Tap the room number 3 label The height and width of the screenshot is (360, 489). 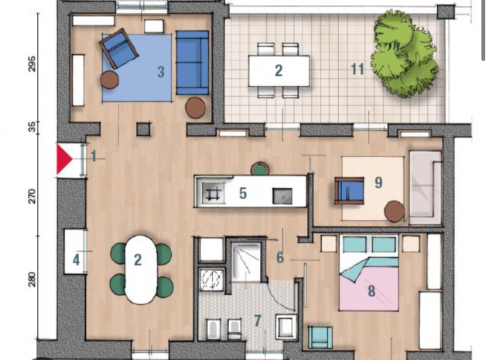pyautogui.click(x=160, y=73)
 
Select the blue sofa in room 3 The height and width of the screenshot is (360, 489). pyautogui.click(x=192, y=62)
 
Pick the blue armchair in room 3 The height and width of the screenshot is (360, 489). pyautogui.click(x=118, y=50)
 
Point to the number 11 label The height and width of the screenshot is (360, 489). pyautogui.click(x=357, y=70)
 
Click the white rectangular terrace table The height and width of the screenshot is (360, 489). pyautogui.click(x=279, y=70)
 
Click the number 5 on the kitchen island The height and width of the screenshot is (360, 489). pyautogui.click(x=243, y=193)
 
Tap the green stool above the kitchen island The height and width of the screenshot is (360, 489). pyautogui.click(x=260, y=168)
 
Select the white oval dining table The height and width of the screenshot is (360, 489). pyautogui.click(x=140, y=269)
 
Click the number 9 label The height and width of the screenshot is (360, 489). pyautogui.click(x=378, y=183)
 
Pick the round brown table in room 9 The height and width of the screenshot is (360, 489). pyautogui.click(x=395, y=211)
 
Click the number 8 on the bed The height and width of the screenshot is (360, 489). pyautogui.click(x=371, y=292)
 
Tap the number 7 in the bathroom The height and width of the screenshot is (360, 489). pyautogui.click(x=258, y=321)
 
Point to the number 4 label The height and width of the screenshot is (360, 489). pyautogui.click(x=77, y=260)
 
